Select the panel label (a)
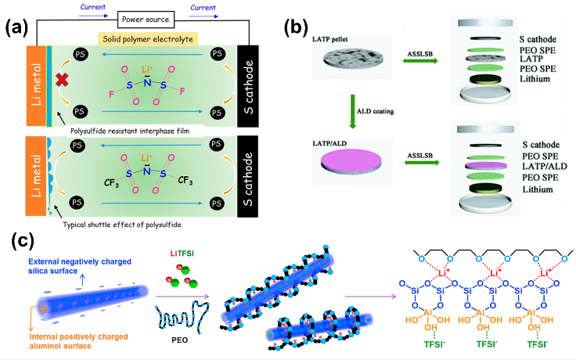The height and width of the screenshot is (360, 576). (x=16, y=27)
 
